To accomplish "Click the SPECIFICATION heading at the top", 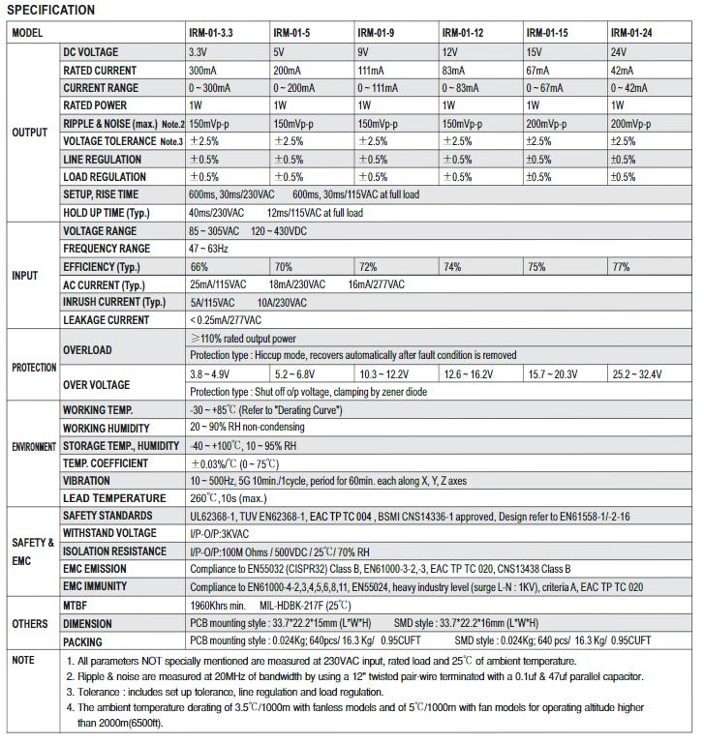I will (x=52, y=11).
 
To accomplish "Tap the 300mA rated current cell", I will (x=204, y=70).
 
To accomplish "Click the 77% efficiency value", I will (x=621, y=266).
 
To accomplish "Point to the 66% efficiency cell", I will (x=199, y=266).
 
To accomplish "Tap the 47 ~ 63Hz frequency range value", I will (x=209, y=249).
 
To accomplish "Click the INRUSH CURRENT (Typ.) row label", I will (x=114, y=302).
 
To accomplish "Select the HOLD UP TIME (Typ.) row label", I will (x=107, y=213).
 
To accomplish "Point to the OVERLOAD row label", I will (x=87, y=350).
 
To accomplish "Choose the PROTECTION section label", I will (x=34, y=368).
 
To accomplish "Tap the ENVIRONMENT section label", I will (x=34, y=446).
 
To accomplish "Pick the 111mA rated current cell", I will (x=372, y=70).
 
